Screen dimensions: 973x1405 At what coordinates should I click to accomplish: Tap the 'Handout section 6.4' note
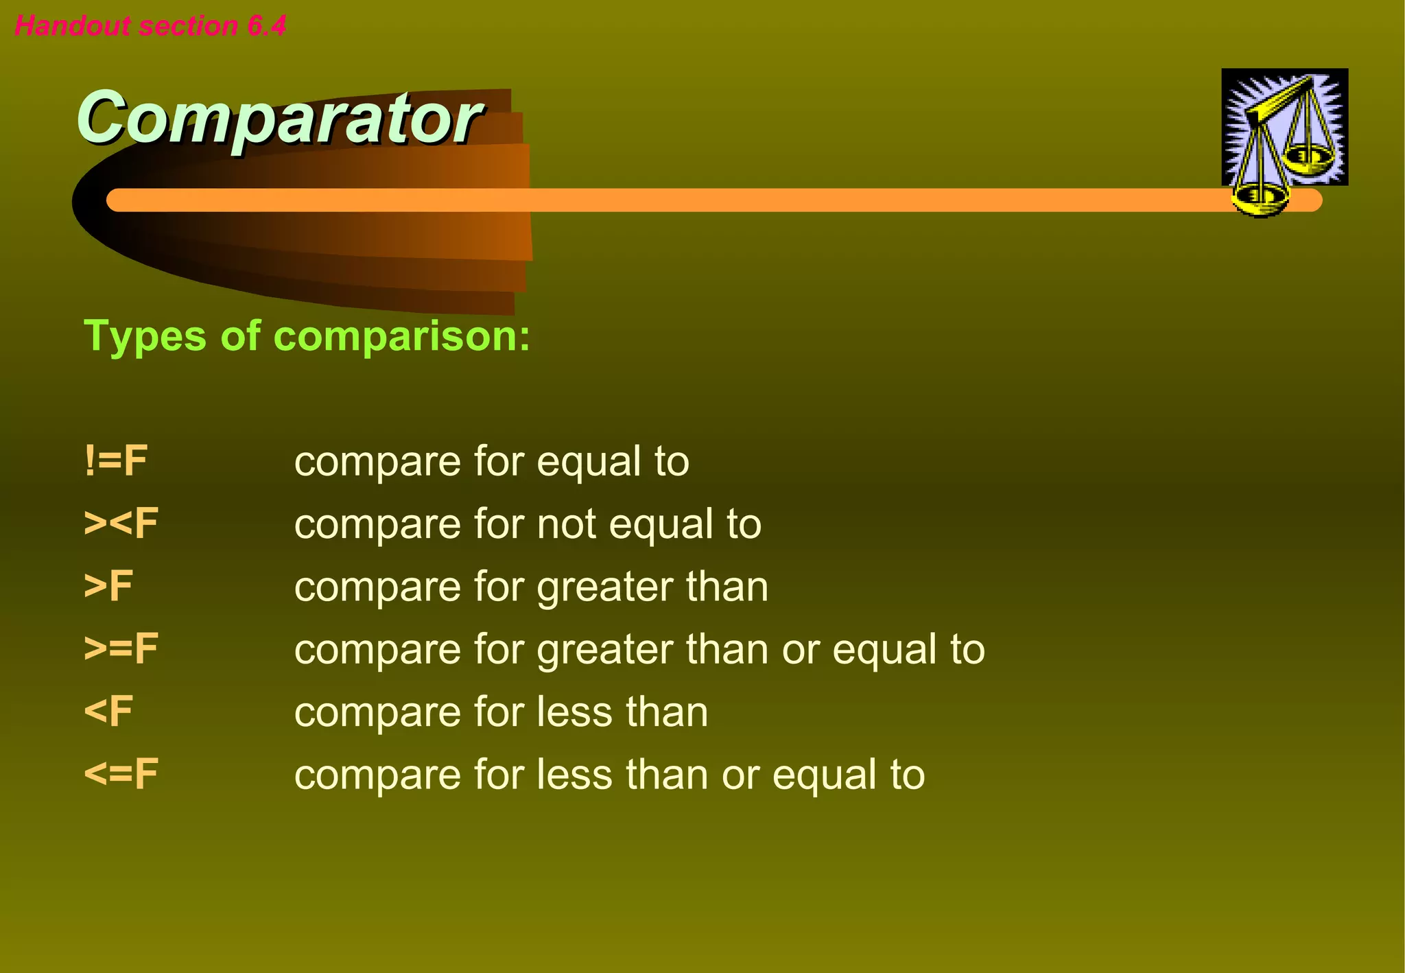[x=150, y=26]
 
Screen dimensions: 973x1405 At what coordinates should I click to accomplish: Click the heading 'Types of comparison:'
[x=307, y=336]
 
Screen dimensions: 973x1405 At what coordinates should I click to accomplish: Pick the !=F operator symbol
[x=115, y=460]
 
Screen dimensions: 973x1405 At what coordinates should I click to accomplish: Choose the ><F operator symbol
[x=121, y=524]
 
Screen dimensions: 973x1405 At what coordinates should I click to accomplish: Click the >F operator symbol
[x=108, y=586]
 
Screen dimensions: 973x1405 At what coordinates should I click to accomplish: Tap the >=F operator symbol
[x=121, y=649]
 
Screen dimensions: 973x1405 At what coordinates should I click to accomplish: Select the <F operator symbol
[x=108, y=712]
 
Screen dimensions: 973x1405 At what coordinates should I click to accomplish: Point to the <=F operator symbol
[x=121, y=774]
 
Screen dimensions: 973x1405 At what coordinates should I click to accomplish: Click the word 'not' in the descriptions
[x=567, y=525]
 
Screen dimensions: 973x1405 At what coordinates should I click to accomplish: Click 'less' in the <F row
[x=566, y=712]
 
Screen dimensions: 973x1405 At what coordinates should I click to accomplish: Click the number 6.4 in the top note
[x=267, y=26]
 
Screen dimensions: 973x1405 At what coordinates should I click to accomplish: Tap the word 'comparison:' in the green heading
[x=402, y=336]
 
